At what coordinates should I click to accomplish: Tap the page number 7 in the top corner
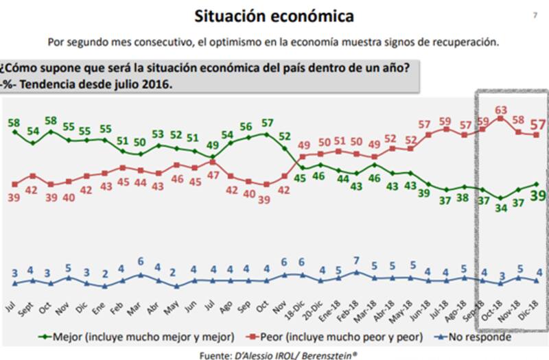[x=535, y=14]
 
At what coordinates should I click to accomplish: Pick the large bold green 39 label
[x=539, y=196]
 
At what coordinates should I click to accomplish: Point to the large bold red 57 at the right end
[x=539, y=124]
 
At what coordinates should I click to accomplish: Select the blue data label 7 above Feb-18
[x=357, y=261]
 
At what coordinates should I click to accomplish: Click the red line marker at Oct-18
[x=500, y=118]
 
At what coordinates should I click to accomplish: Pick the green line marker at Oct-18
[x=500, y=198]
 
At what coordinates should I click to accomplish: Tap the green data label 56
[x=246, y=128]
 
